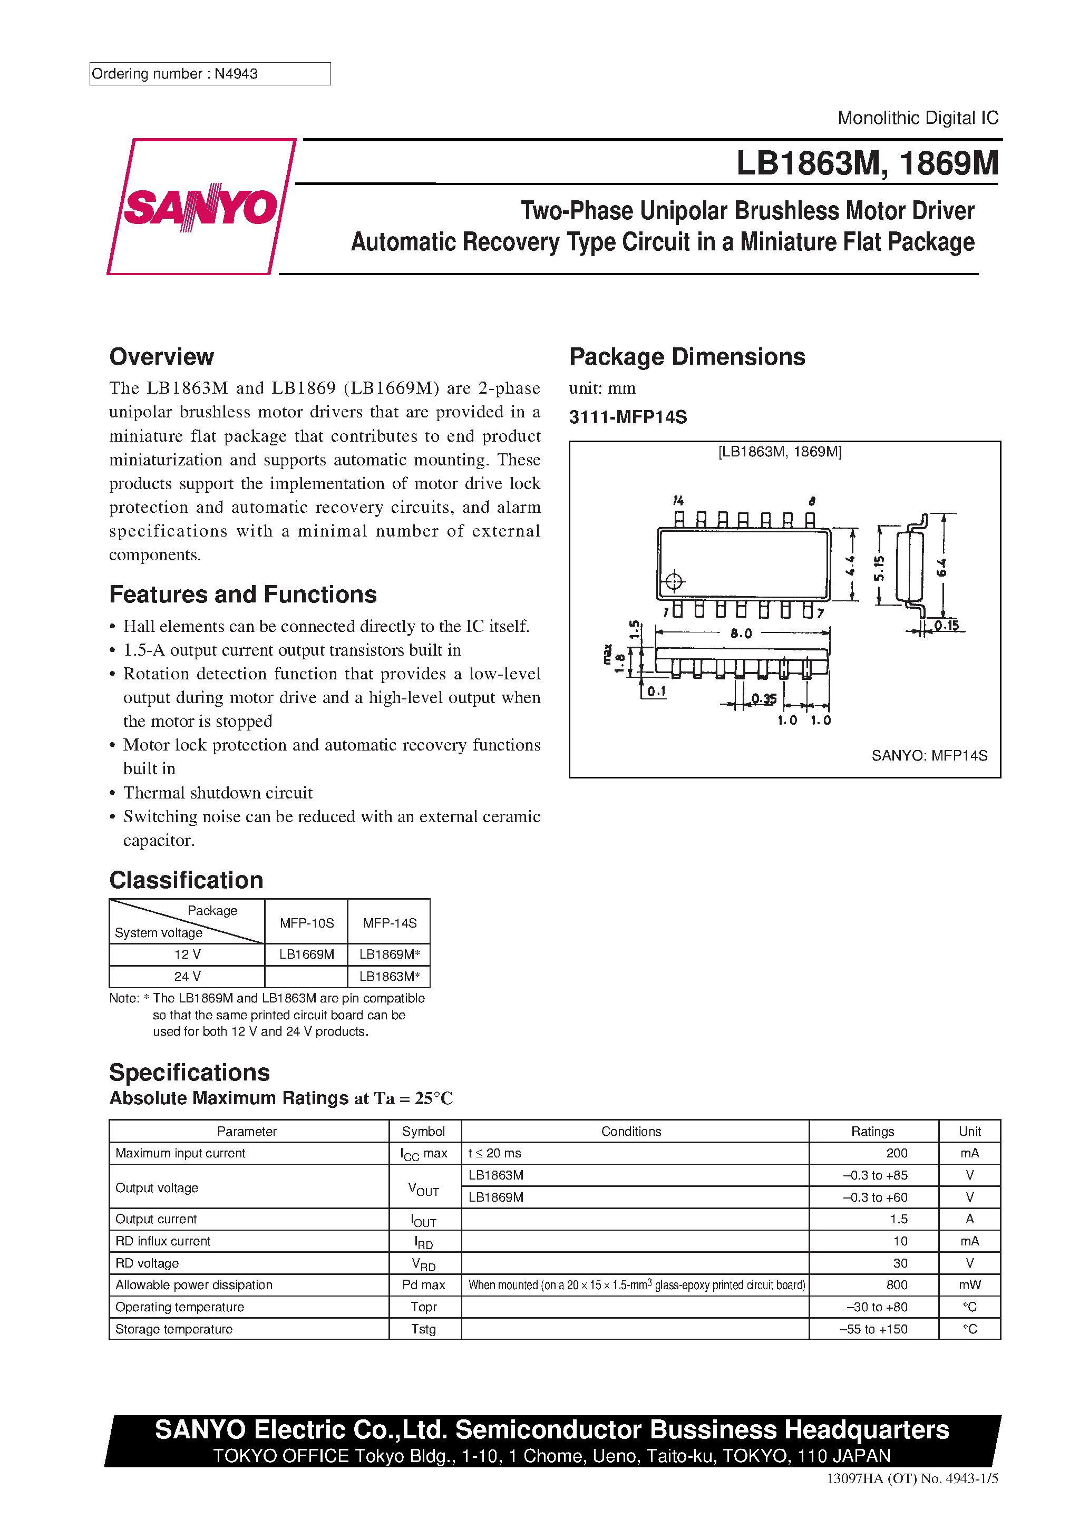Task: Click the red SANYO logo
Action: click(x=200, y=207)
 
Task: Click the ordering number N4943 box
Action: click(x=209, y=74)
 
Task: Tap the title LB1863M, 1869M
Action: click(x=867, y=163)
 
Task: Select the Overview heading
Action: click(x=162, y=357)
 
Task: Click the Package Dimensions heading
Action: click(x=687, y=357)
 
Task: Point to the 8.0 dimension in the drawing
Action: click(x=741, y=634)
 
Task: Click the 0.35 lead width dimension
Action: click(x=763, y=698)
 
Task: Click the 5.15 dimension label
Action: click(x=879, y=568)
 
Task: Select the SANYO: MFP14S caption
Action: click(x=929, y=755)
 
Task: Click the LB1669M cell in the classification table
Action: click(x=306, y=954)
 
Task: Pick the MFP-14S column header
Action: click(x=390, y=923)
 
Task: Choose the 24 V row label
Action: click(x=187, y=977)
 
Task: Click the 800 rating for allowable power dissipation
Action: click(x=897, y=1285)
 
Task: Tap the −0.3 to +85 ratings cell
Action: click(x=874, y=1175)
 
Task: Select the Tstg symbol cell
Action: click(x=424, y=1329)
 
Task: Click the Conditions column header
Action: click(x=631, y=1132)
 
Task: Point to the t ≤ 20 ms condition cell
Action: click(x=495, y=1153)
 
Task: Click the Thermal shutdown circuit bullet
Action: click(x=218, y=793)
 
